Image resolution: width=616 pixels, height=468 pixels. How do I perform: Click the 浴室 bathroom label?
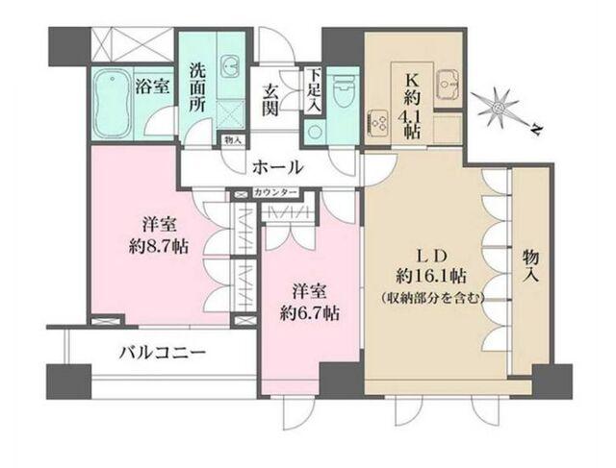[x=154, y=86]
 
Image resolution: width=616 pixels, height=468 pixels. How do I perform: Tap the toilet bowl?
[x=344, y=93]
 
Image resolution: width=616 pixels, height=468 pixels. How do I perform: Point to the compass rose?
[x=499, y=104]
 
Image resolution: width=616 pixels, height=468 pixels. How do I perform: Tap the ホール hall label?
[x=278, y=166]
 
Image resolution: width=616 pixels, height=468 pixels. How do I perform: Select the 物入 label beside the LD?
[x=531, y=262]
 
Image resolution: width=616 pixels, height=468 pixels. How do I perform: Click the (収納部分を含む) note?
[x=431, y=298]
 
